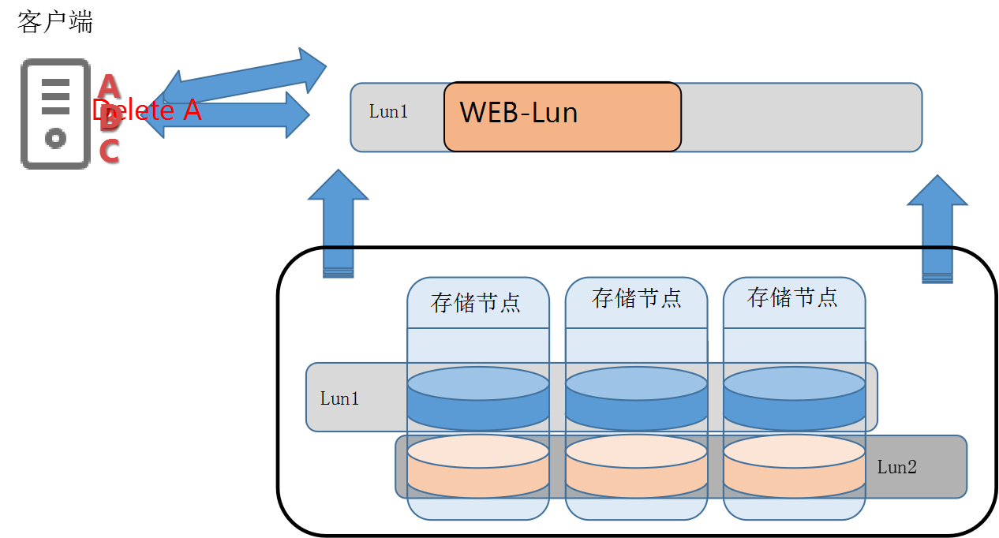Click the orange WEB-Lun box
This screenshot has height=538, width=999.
pos(562,117)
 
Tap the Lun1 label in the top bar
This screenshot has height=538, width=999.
pos(388,112)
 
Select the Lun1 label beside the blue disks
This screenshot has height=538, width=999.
pos(339,398)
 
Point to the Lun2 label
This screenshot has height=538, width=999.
pos(897,467)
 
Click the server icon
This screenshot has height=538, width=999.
pos(54,114)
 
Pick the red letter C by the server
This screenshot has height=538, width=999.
pos(109,151)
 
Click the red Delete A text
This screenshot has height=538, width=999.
pos(147,110)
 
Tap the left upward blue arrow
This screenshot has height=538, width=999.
pos(339,221)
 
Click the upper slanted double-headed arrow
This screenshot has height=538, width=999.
pos(245,75)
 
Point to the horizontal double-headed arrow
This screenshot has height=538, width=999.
pos(229,115)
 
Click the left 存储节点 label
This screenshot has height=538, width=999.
pos(476,303)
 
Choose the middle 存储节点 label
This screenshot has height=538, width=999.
pos(636,298)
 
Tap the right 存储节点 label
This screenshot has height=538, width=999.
pos(792,297)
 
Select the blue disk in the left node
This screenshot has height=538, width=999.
pos(478,399)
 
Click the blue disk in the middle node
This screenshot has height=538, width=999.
pos(636,399)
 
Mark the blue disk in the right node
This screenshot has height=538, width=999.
pos(794,399)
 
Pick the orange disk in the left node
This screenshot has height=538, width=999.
pos(478,466)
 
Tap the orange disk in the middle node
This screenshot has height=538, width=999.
pos(636,466)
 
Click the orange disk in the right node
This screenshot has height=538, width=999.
pos(794,466)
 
